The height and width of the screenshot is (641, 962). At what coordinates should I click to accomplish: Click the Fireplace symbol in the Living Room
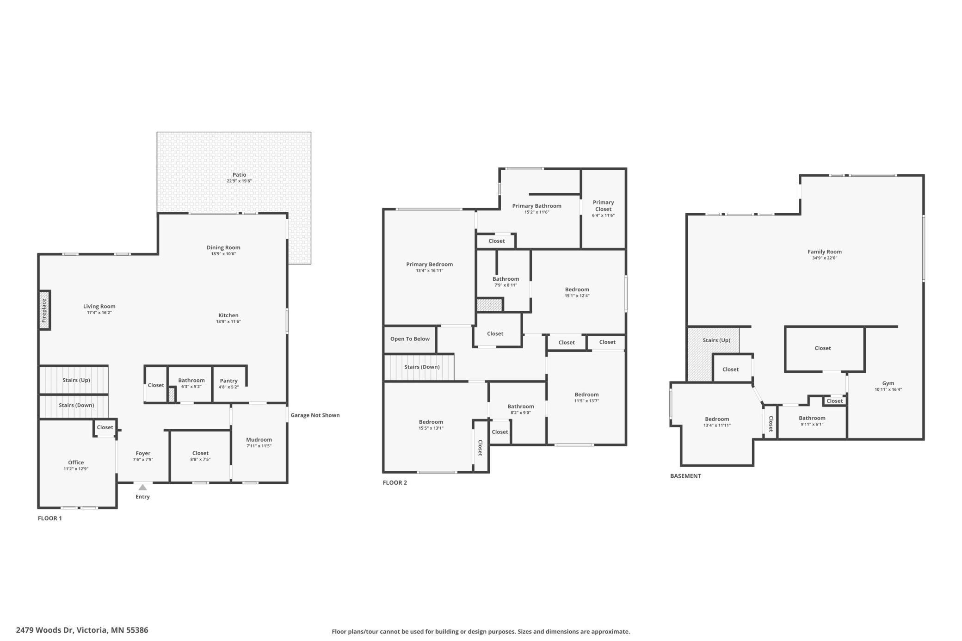44,310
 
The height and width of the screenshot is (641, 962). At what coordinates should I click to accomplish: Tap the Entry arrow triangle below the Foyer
142,487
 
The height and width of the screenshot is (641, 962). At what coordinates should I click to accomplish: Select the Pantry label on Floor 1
228,381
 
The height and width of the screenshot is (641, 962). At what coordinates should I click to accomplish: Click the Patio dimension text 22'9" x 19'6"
239,181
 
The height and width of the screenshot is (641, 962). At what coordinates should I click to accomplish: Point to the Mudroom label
259,439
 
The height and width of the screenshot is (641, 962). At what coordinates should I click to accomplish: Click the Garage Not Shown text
315,415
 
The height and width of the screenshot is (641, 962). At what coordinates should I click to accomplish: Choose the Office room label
76,462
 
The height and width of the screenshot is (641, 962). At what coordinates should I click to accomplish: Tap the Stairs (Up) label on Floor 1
76,380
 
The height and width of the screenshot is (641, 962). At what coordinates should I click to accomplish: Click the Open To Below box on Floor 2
410,339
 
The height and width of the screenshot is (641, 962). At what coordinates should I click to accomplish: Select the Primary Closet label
603,205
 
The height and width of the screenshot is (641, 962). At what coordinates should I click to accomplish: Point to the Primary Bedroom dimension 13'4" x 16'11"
429,271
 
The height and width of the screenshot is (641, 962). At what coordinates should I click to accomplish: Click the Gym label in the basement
888,383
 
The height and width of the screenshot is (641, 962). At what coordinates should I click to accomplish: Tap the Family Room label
824,252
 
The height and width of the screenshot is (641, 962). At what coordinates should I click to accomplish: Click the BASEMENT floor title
685,476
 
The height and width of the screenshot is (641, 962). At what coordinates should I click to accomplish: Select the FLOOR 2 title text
395,482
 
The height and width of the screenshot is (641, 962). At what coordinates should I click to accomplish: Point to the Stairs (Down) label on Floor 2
422,367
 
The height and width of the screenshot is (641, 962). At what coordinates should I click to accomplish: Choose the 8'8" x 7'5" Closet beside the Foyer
200,456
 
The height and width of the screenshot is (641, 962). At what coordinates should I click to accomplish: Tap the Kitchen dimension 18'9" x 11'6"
228,321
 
